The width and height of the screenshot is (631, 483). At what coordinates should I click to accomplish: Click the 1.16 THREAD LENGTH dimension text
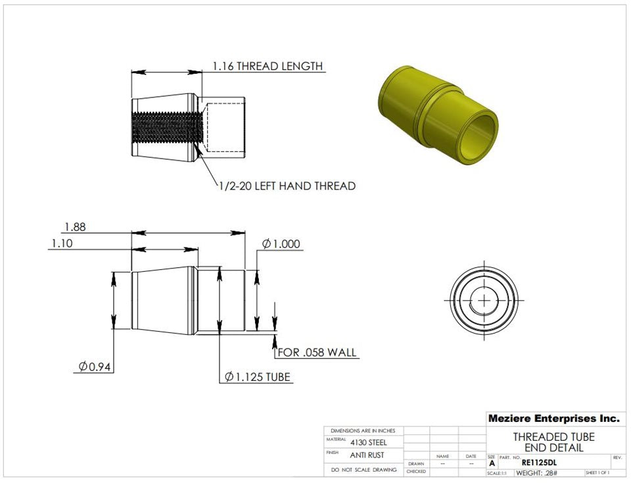(x=267, y=66)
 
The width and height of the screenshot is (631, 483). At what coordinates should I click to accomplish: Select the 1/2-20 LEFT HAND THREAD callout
(x=287, y=186)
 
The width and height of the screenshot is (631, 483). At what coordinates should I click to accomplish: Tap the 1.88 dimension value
(x=75, y=227)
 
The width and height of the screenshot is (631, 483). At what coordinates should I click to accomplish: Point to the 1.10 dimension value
(x=62, y=243)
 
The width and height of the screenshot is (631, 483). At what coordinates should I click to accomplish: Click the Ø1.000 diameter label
(x=281, y=244)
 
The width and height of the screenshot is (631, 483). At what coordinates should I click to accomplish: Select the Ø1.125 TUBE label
(x=258, y=377)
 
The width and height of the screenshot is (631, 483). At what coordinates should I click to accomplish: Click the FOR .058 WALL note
(x=317, y=353)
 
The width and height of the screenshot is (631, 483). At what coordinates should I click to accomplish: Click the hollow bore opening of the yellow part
(x=478, y=136)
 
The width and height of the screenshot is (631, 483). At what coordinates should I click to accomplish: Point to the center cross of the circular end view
(x=484, y=300)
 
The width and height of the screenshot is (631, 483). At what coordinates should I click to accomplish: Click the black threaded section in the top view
(x=166, y=128)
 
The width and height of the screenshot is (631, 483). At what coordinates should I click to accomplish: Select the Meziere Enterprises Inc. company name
(x=553, y=419)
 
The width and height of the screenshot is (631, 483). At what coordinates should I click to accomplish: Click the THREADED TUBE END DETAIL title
(x=553, y=442)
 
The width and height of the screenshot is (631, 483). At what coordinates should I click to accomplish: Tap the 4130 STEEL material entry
(x=369, y=443)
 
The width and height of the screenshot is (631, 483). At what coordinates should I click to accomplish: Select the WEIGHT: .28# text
(x=536, y=473)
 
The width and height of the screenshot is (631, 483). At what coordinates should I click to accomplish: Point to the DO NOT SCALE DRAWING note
(x=363, y=470)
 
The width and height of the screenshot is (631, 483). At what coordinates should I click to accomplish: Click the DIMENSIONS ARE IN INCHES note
(x=363, y=430)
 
